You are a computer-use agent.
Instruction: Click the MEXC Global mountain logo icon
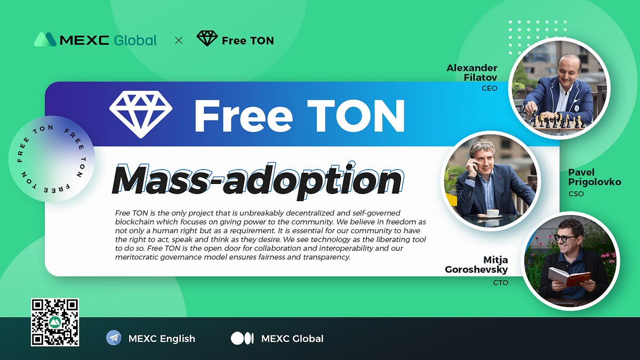[x=45, y=39]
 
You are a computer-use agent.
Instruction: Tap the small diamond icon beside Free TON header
[x=207, y=38]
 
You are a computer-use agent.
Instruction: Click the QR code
[x=55, y=322]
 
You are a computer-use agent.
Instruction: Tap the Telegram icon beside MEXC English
[x=114, y=338]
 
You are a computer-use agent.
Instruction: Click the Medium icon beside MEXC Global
[x=242, y=338]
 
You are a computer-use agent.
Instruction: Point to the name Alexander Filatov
[x=472, y=73]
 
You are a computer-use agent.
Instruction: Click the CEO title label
[x=489, y=89]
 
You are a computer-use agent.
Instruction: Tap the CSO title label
[x=577, y=194]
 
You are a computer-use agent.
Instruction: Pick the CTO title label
[x=500, y=282]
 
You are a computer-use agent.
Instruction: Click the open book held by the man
[x=570, y=276]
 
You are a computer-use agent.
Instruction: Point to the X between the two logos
[x=179, y=40]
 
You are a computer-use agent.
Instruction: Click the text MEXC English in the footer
[x=162, y=339]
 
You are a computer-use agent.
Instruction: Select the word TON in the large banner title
[x=356, y=115]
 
